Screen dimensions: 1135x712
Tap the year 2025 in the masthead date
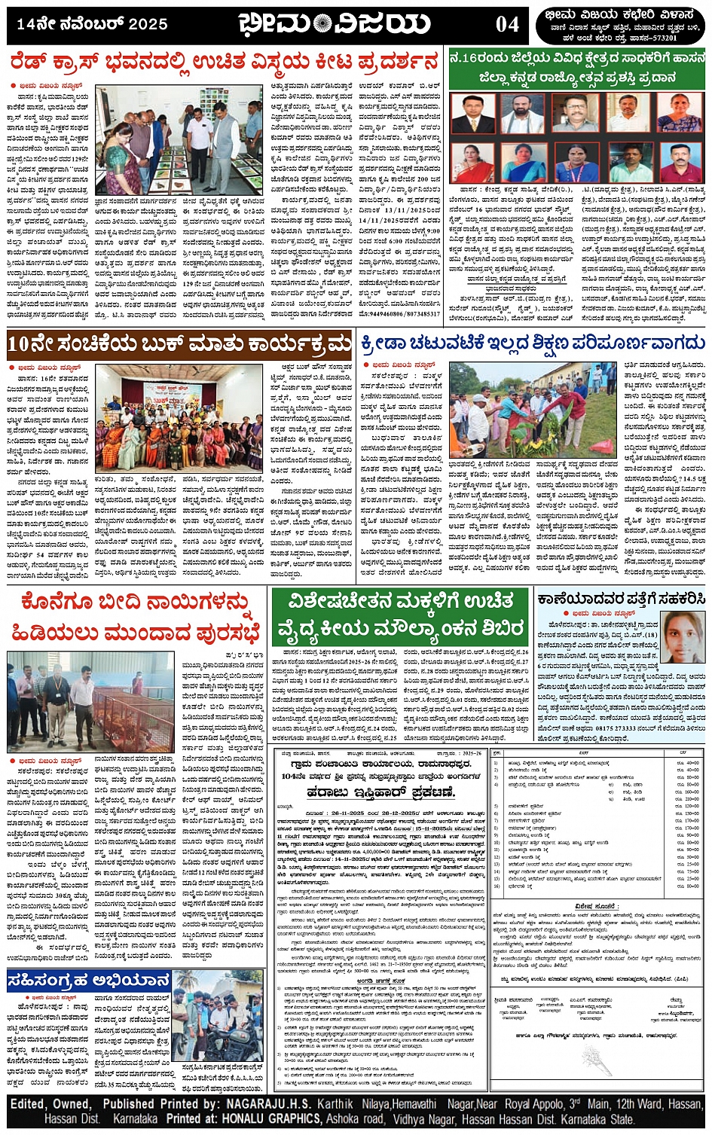[x=148, y=25]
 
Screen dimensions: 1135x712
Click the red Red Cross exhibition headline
[x=224, y=62]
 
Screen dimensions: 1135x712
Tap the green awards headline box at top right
[x=576, y=69]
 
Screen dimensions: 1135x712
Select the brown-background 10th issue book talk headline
[x=179, y=344]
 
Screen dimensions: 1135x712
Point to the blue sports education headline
[x=533, y=343]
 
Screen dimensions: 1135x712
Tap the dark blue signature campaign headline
[x=89, y=981]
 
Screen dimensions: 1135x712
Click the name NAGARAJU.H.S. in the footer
[x=270, y=1104]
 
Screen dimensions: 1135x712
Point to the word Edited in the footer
[x=29, y=1104]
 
